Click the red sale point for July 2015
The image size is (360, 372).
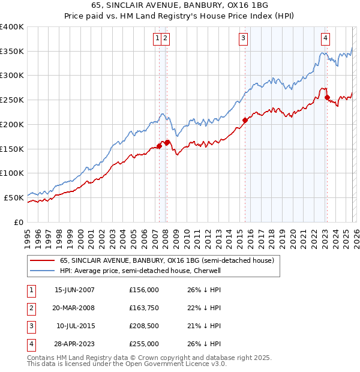(245, 120)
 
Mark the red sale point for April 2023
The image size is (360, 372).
(327, 97)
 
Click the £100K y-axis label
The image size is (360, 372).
(12, 173)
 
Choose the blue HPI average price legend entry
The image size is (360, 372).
(140, 271)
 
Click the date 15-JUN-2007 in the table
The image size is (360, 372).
(74, 290)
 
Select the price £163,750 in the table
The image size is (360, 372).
(144, 308)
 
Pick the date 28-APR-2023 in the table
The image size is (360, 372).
(74, 344)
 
